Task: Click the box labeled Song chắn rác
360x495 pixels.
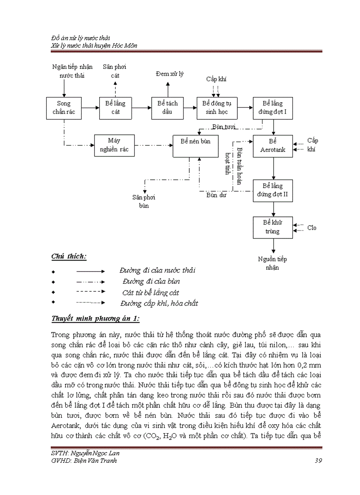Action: tap(64, 108)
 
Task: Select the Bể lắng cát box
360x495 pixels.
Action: tap(115, 108)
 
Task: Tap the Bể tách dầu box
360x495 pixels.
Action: tap(168, 108)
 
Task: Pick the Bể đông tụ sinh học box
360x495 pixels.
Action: tap(217, 108)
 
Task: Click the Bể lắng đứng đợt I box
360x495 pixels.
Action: tap(273, 108)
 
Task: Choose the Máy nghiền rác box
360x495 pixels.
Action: tap(115, 145)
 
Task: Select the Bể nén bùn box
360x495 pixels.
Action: tap(195, 145)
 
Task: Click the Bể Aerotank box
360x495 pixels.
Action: tap(273, 145)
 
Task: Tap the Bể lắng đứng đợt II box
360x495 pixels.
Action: tap(273, 190)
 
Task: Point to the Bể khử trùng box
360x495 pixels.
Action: tap(273, 227)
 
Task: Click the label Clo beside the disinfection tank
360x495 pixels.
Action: tap(312, 228)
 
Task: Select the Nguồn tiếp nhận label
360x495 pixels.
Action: tap(273, 264)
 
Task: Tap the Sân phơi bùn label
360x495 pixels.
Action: tap(144, 201)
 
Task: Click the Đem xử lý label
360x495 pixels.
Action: tap(170, 74)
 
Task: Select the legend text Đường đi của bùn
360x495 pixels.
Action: tap(151, 281)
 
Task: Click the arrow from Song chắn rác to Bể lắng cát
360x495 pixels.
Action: tap(90, 107)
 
